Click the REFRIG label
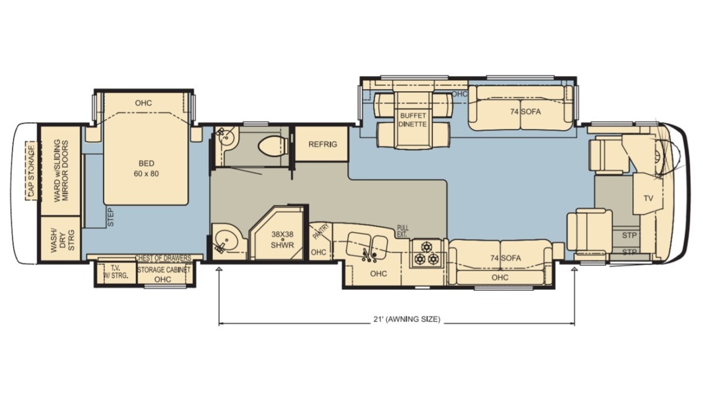[x=323, y=144]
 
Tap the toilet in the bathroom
[x=274, y=146]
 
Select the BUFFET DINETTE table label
[x=413, y=120]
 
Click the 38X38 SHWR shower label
[x=282, y=239]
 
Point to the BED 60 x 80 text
[x=146, y=169]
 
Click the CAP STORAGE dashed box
[x=32, y=170]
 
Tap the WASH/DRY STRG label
[x=63, y=240]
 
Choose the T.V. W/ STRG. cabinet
[x=116, y=272]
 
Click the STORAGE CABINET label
[x=164, y=270]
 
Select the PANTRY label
[x=321, y=231]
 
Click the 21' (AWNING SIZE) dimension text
[x=407, y=319]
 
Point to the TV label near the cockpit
[x=649, y=198]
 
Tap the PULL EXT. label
[x=402, y=231]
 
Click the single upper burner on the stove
[x=426, y=247]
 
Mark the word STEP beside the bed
[x=111, y=217]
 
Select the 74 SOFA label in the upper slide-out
[x=525, y=112]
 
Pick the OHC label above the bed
[x=144, y=103]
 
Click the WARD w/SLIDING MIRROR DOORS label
[x=61, y=170]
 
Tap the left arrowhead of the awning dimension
[x=219, y=269]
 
